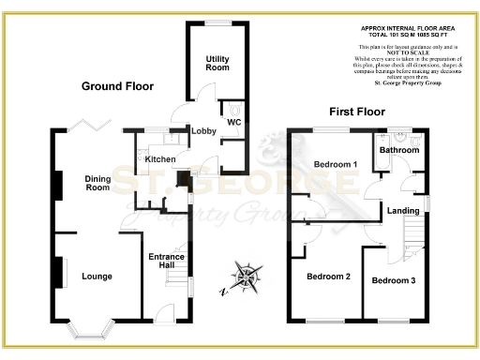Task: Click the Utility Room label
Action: click(217, 64)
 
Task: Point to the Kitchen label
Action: click(160, 159)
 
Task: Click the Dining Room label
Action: click(97, 182)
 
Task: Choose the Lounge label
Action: click(97, 277)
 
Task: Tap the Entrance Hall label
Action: click(167, 262)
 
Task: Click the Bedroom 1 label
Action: click(335, 164)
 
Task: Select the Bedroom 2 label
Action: click(328, 277)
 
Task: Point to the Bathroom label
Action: click(398, 149)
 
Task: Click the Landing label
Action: click(403, 211)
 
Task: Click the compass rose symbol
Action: click(246, 277)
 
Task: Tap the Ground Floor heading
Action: click(118, 86)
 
